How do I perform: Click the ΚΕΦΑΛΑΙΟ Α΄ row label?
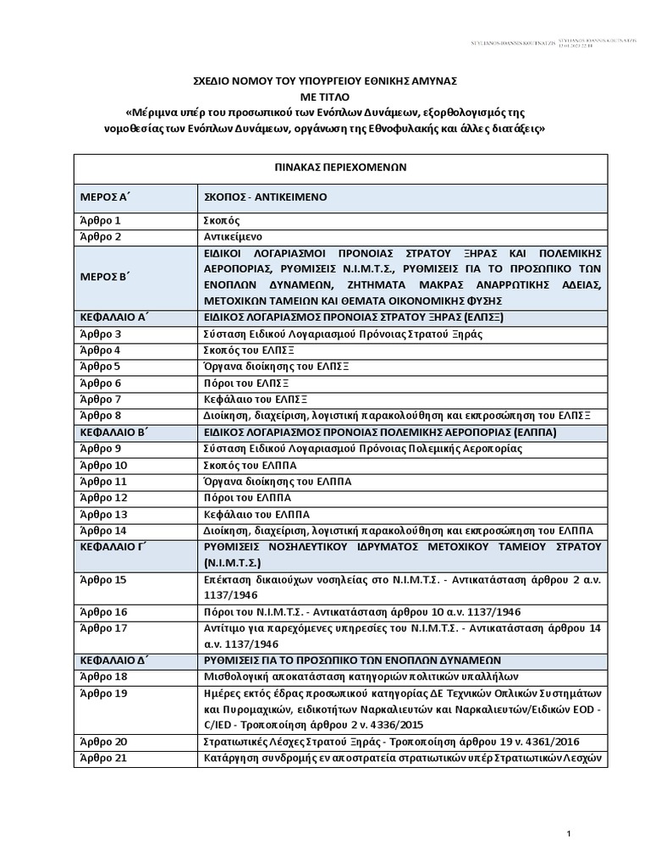click(x=110, y=318)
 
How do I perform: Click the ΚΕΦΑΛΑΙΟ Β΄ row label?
click(x=110, y=432)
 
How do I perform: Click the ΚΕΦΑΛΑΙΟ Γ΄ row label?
click(x=110, y=546)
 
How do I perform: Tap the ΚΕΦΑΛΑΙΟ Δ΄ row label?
click(x=110, y=659)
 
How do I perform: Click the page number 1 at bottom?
click(x=570, y=835)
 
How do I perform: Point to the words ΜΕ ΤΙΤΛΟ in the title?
click(x=326, y=95)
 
